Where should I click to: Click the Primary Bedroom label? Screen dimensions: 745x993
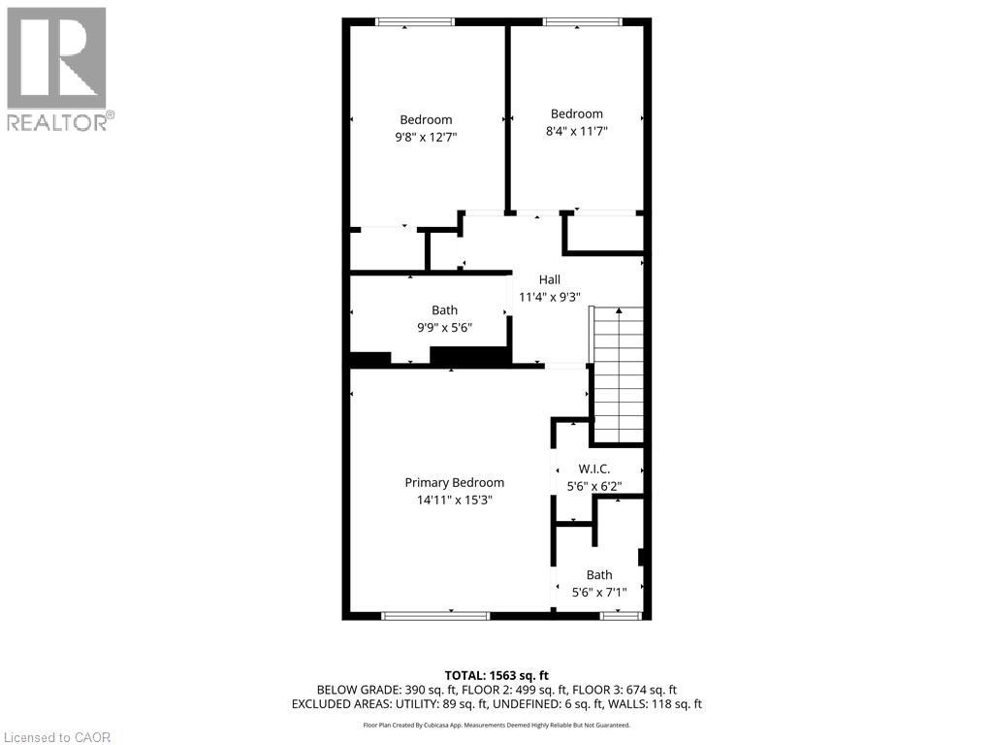[x=454, y=482]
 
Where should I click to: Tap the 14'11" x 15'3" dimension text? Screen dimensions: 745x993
[x=454, y=501]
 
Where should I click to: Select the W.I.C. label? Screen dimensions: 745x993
[x=593, y=469]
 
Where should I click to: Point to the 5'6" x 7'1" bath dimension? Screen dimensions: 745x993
[x=598, y=592]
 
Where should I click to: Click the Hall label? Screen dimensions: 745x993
[x=549, y=279]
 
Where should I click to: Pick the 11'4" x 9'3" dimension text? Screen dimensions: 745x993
[x=549, y=298]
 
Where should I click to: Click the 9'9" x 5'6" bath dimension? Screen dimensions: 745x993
[x=444, y=328]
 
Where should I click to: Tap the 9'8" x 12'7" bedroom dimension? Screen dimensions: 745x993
[x=425, y=138]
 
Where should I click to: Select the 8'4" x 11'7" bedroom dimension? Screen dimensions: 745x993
[x=576, y=131]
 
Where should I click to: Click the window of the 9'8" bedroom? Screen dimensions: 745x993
[x=414, y=21]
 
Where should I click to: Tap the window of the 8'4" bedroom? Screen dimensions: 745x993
[x=582, y=21]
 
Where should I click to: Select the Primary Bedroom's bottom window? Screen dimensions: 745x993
[x=435, y=615]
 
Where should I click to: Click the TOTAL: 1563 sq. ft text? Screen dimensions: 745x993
[x=496, y=674]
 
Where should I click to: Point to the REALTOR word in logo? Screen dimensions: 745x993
[x=58, y=122]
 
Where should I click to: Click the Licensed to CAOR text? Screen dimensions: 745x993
[x=58, y=737]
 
